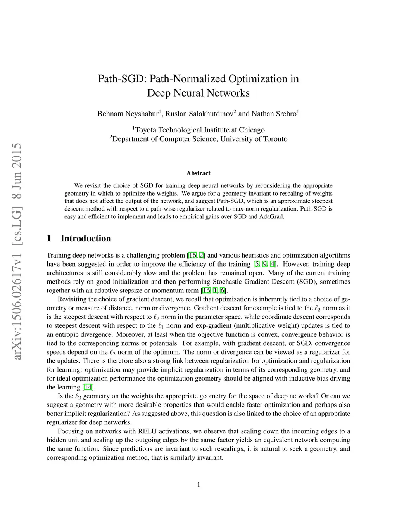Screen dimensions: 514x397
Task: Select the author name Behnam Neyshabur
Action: [128, 114]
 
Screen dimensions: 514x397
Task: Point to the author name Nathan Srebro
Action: [274, 114]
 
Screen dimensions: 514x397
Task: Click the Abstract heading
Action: [198, 173]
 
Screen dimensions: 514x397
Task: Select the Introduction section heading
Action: [86, 238]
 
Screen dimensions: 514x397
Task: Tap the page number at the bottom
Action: [198, 484]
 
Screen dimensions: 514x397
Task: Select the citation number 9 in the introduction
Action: [264, 264]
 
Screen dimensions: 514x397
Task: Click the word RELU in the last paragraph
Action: [147, 431]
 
